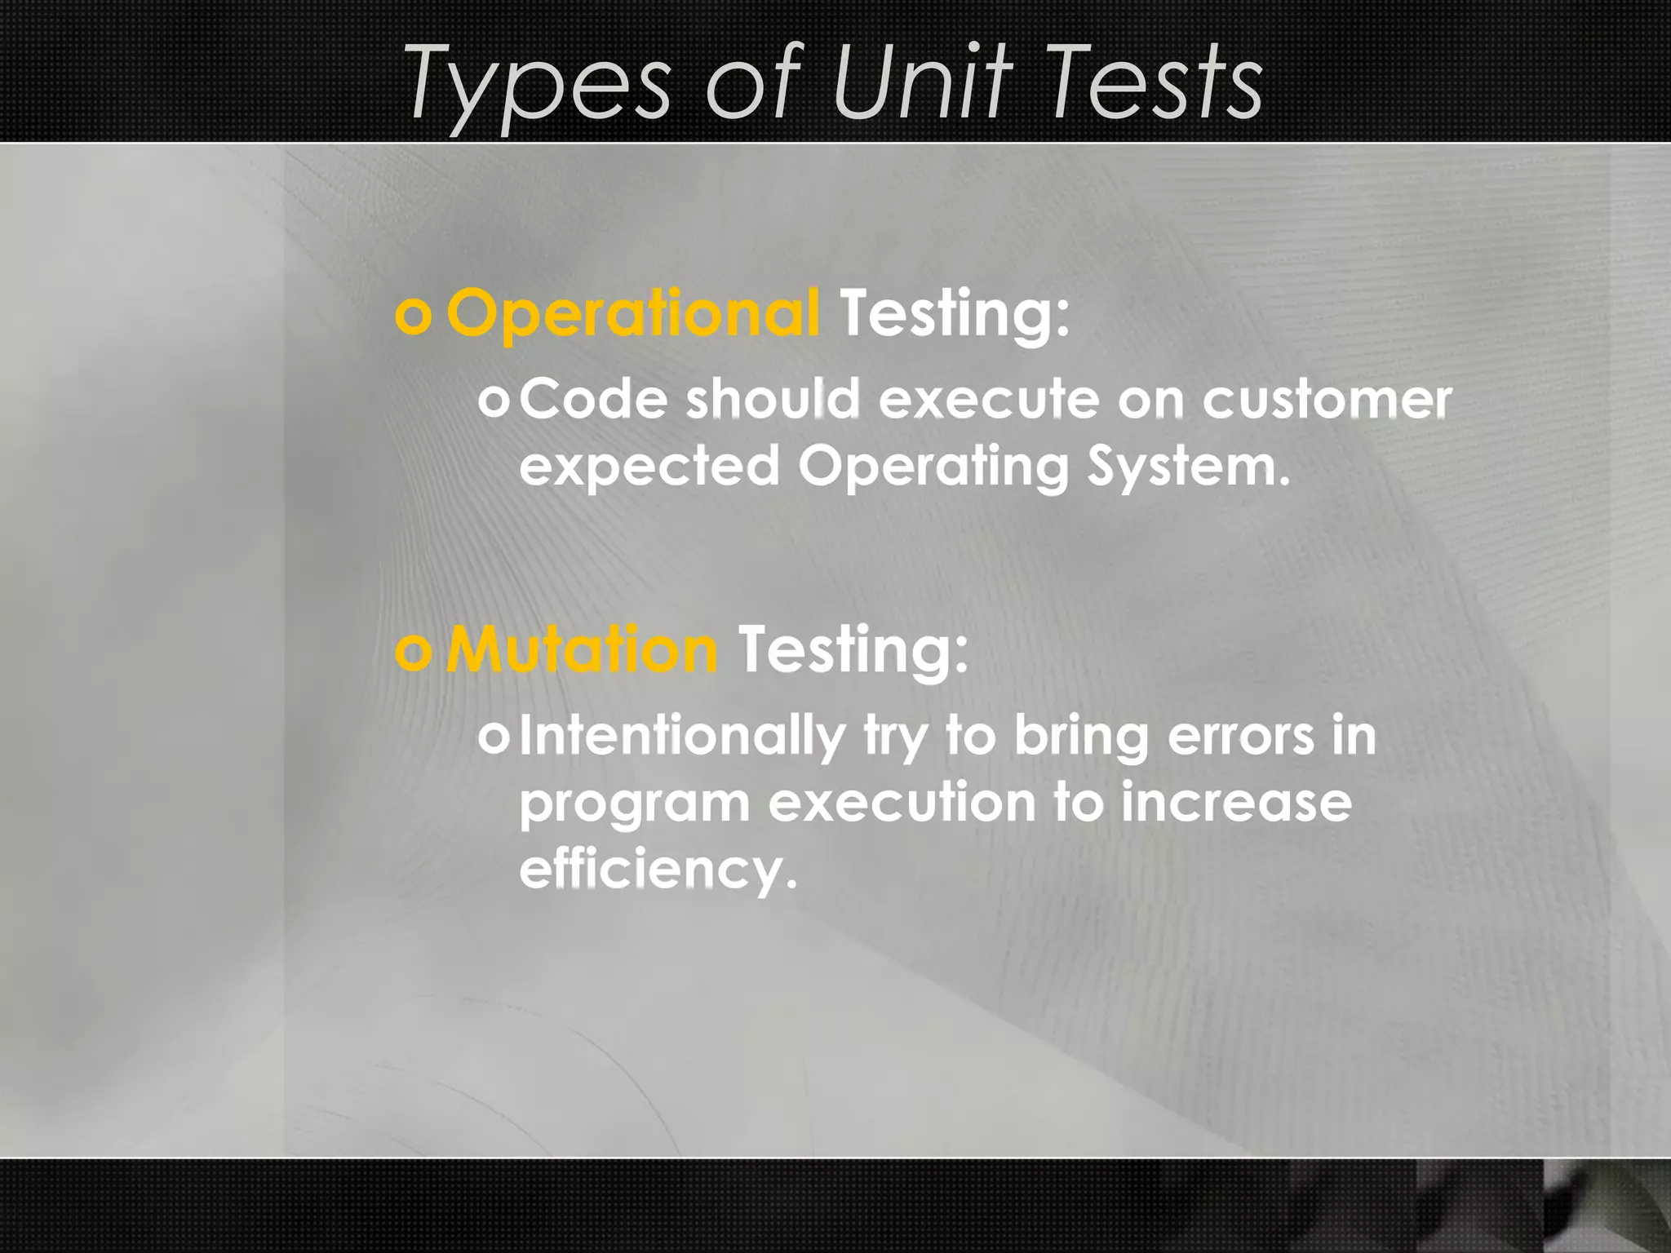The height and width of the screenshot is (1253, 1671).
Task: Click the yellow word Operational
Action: (x=632, y=315)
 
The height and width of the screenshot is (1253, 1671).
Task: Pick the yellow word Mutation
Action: (x=581, y=650)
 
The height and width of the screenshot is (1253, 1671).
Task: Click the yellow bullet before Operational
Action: (x=413, y=317)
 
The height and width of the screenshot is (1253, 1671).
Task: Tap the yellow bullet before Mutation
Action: (x=413, y=652)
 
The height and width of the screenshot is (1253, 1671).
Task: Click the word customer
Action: (x=1327, y=400)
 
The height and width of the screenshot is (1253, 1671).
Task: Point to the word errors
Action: (x=1240, y=736)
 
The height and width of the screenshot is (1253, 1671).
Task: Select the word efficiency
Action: (x=658, y=870)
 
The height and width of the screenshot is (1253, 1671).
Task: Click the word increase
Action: (x=1235, y=803)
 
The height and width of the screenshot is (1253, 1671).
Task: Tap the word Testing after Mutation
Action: (x=853, y=650)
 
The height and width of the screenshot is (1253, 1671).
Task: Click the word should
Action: (x=773, y=400)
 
